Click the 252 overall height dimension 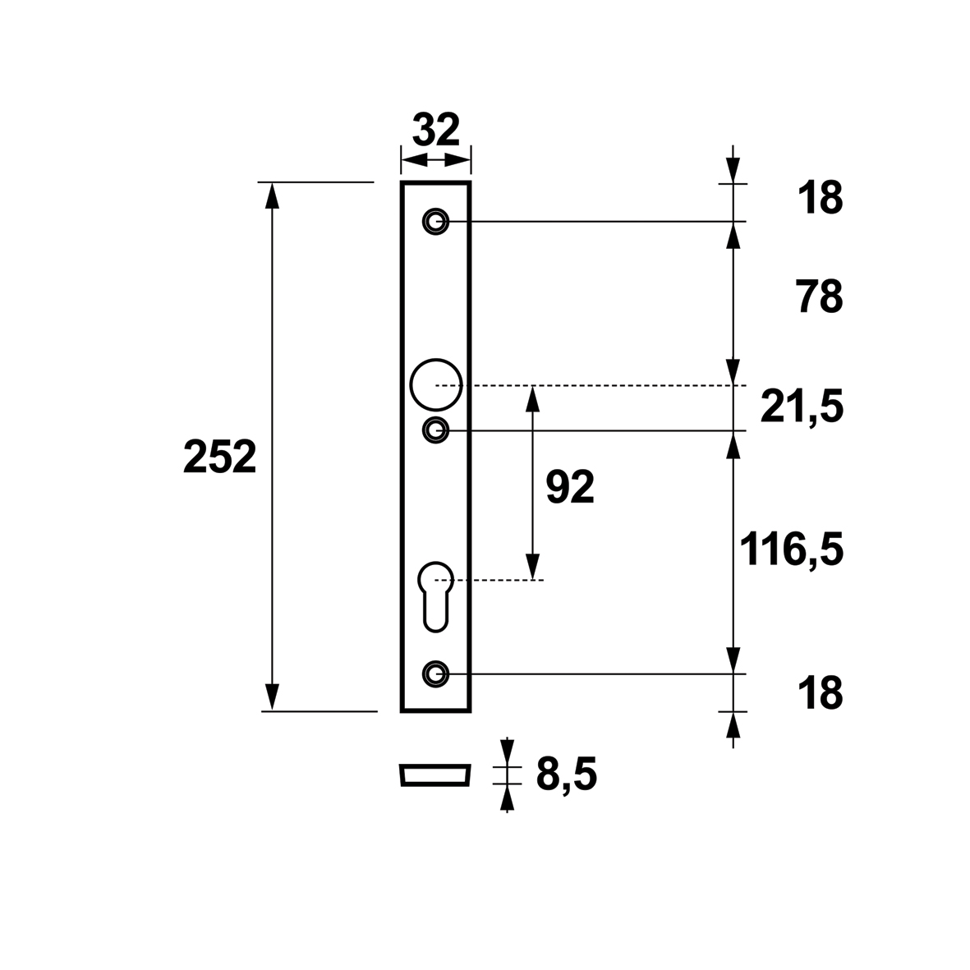click(219, 457)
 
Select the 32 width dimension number click(436, 129)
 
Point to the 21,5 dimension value click(802, 407)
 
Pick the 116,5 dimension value click(792, 549)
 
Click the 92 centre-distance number click(570, 487)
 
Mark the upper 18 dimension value click(821, 198)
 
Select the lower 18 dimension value click(821, 693)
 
